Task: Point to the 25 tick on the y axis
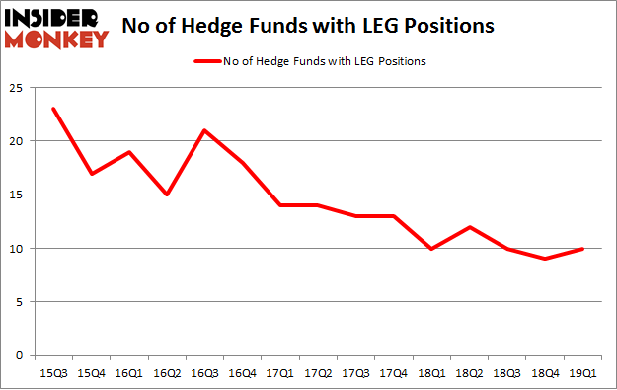(17, 88)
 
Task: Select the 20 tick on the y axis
(17, 141)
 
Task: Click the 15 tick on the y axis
(17, 195)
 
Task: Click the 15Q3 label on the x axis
(53, 374)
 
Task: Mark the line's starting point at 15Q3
(53, 109)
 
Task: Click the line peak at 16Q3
(203, 130)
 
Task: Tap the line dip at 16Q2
(166, 195)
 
